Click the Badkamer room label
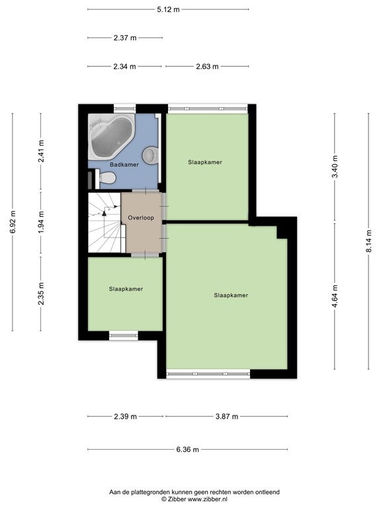pos(124,165)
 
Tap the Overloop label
pos(141,218)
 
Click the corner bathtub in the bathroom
pos(111,136)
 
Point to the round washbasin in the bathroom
pos(150,154)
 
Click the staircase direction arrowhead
pos(104,213)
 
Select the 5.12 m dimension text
pos(168,9)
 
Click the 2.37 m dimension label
pos(125,38)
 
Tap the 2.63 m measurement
pos(207,66)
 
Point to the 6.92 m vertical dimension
pos(13,222)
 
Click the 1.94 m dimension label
pos(41,222)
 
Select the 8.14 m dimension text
pos(368,241)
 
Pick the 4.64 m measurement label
pos(335,296)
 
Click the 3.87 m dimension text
pos(227,416)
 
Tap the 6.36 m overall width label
pos(188,449)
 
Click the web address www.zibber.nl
pos(208,499)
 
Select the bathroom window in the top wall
pos(125,108)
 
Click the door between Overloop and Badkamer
pos(146,190)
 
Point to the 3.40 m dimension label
pos(335,167)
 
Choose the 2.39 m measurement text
pos(126,416)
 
